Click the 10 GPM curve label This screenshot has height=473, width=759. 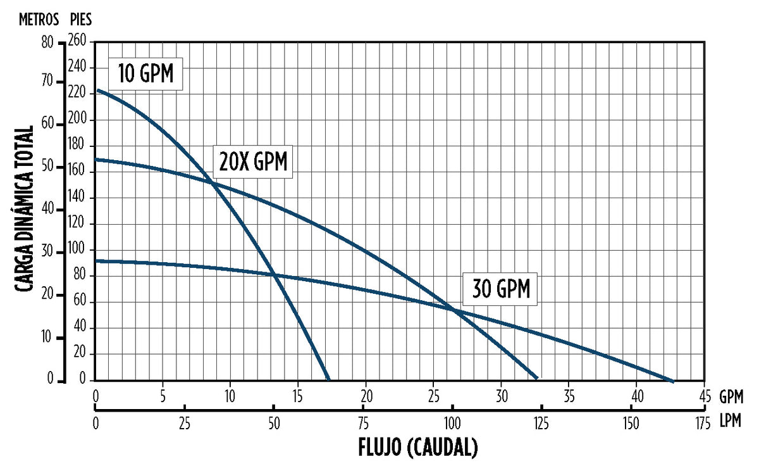click(146, 74)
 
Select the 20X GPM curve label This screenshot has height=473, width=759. click(253, 162)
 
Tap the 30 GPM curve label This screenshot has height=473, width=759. click(500, 289)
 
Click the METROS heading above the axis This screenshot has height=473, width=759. click(39, 20)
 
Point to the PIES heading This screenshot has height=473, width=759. click(80, 20)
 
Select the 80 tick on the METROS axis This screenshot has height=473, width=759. click(47, 42)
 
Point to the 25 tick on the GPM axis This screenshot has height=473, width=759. click(434, 397)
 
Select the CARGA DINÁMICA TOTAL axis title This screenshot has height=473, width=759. click(25, 210)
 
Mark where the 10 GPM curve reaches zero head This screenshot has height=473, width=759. click(328, 379)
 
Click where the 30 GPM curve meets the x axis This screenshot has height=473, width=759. click(672, 381)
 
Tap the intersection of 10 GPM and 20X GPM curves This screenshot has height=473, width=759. click(212, 184)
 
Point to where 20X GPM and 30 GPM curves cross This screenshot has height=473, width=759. click(454, 309)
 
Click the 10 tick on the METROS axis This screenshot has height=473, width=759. click(47, 337)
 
